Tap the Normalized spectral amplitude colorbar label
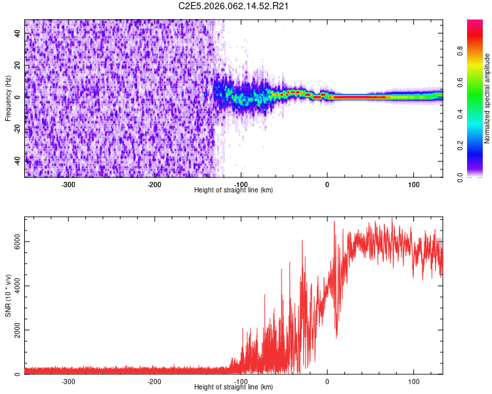click(487, 98)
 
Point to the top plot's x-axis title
click(234, 190)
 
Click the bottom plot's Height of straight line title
click(234, 387)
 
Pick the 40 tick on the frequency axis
click(18, 33)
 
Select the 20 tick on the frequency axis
click(18, 65)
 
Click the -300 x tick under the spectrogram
click(68, 184)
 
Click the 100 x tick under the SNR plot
click(413, 381)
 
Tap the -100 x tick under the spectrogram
click(241, 184)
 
